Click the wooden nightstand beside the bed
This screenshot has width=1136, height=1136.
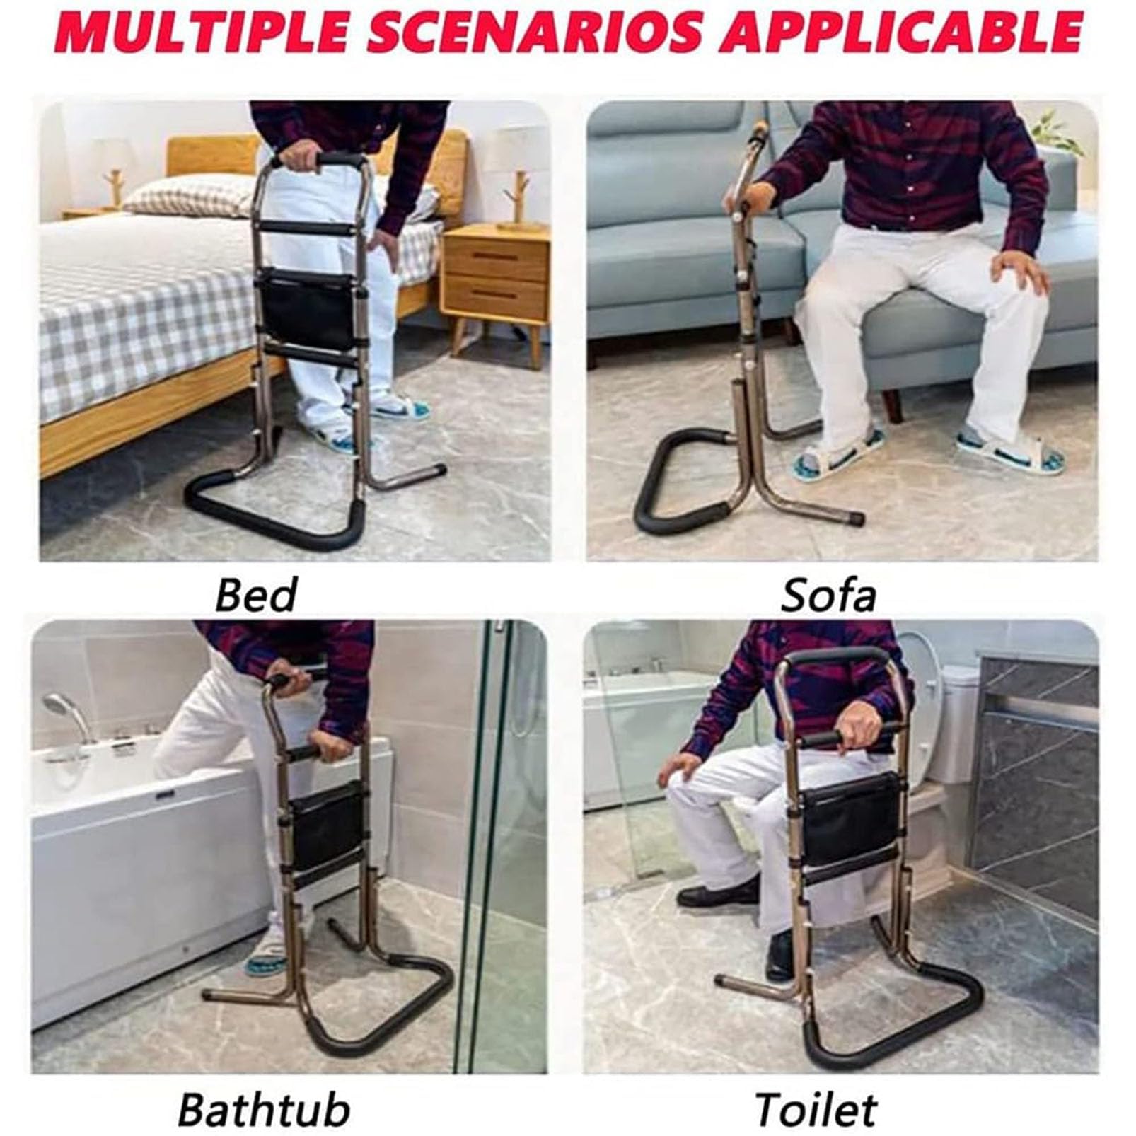click(495, 283)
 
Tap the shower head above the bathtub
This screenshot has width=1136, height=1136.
click(64, 711)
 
